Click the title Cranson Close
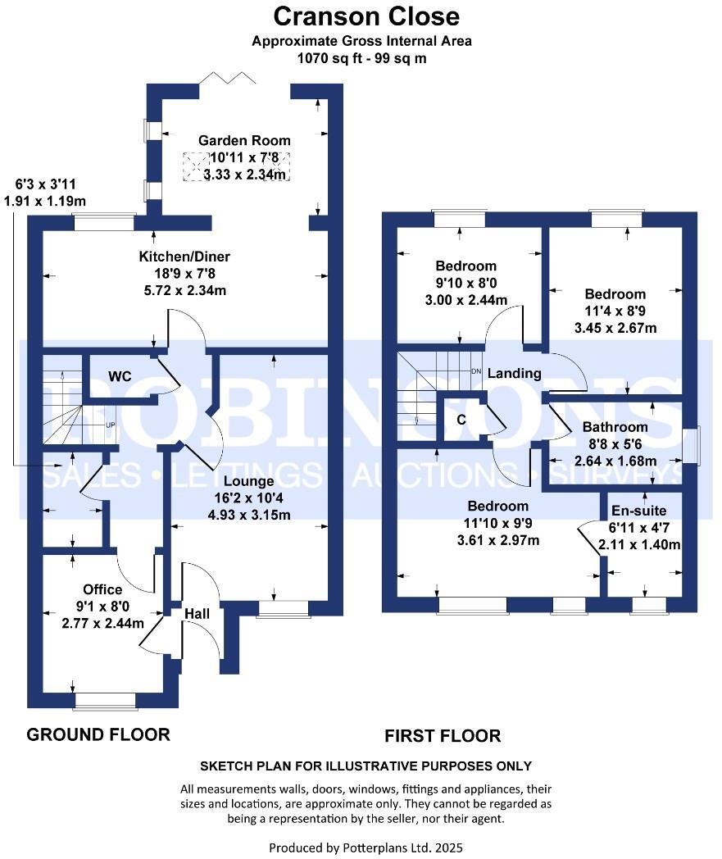366,16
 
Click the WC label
121,376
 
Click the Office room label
102,589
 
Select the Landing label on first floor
514,373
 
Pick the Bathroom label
615,427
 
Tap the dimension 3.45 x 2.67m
615,328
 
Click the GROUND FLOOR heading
98,734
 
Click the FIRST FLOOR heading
443,736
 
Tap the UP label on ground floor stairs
110,425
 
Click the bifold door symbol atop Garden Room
229,79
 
